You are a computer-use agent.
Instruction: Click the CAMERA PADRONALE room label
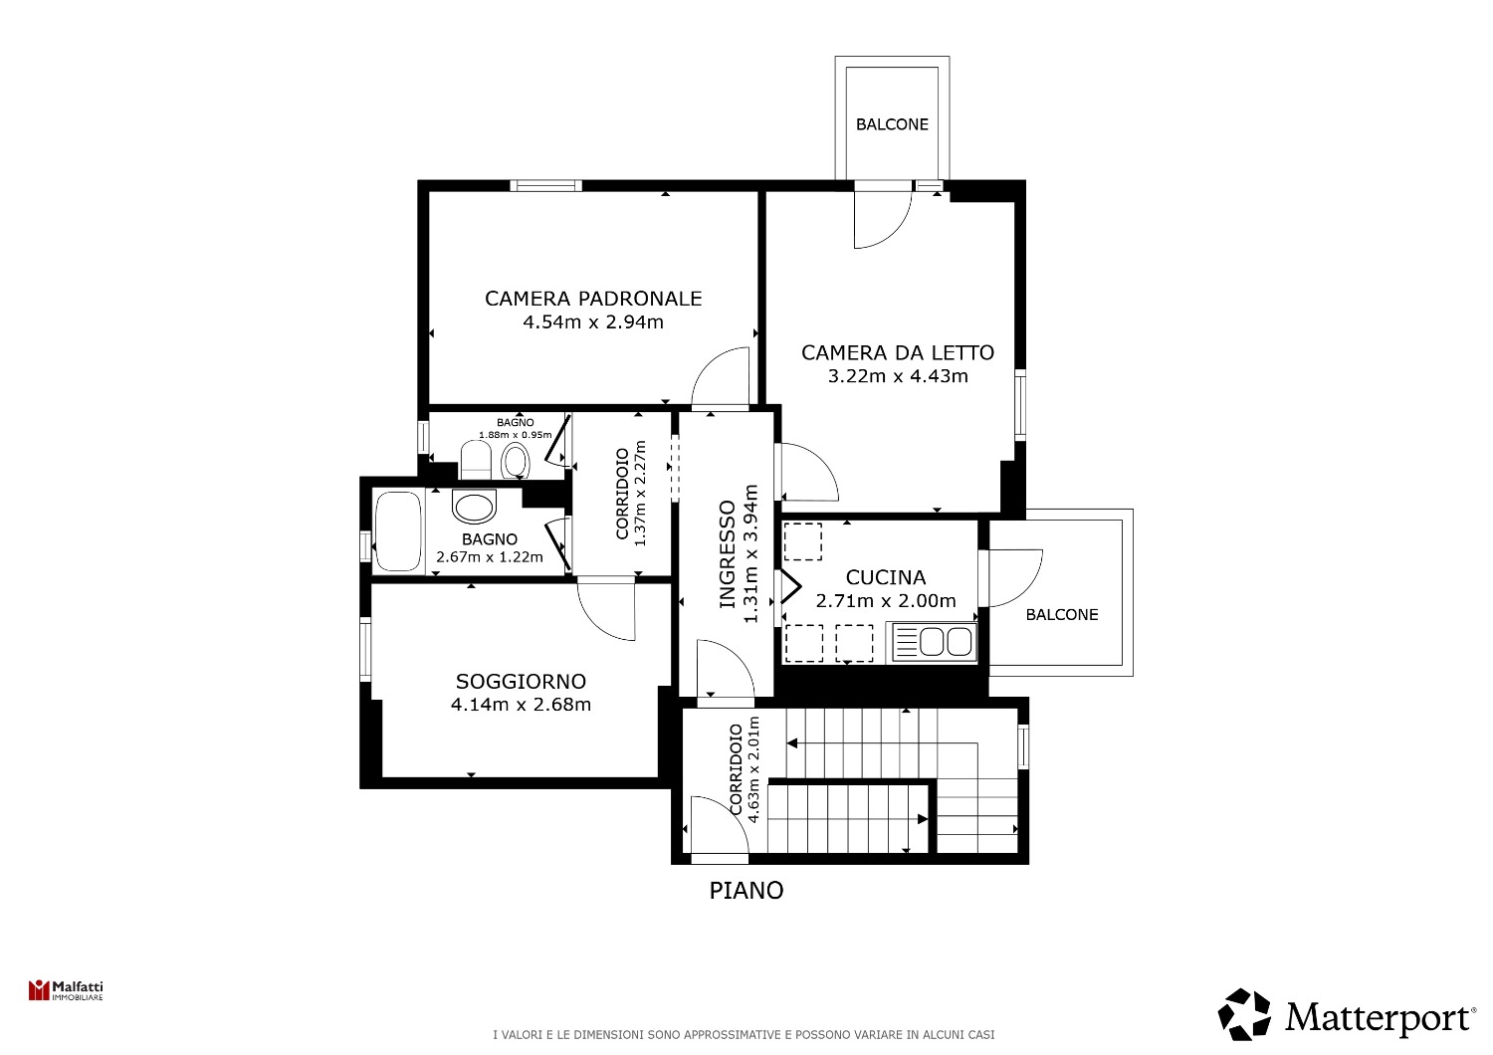(593, 299)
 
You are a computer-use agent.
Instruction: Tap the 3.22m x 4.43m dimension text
(898, 376)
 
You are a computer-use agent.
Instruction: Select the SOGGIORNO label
(521, 681)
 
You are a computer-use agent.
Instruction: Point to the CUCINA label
(886, 577)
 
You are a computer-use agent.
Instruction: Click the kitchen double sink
(935, 643)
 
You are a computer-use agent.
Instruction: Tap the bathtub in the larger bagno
(398, 531)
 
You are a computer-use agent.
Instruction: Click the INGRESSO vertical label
(728, 553)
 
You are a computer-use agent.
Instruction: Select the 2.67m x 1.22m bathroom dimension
(490, 556)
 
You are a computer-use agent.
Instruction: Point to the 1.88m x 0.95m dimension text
(516, 435)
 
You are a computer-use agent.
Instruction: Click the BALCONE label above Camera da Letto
(892, 124)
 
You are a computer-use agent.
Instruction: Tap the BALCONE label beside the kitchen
(1062, 614)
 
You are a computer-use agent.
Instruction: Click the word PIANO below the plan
(746, 891)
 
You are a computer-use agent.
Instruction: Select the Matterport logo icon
(1244, 1014)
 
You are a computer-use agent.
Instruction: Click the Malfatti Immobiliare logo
(66, 990)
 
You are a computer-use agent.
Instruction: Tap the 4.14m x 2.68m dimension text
(521, 705)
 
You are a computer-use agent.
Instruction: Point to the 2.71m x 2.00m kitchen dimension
(886, 601)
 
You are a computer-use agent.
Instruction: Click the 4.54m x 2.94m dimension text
(593, 322)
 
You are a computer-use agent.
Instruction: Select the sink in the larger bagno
(474, 507)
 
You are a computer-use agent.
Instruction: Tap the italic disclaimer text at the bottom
(744, 1035)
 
